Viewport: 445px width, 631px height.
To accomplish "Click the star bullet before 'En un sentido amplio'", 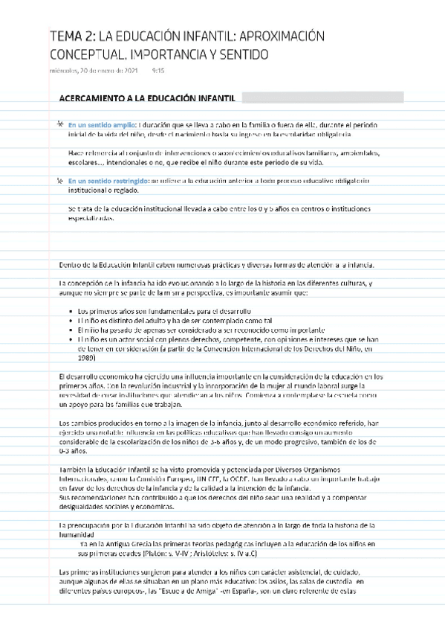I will [x=59, y=124].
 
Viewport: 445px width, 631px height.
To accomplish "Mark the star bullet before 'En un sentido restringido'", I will [x=59, y=181].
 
